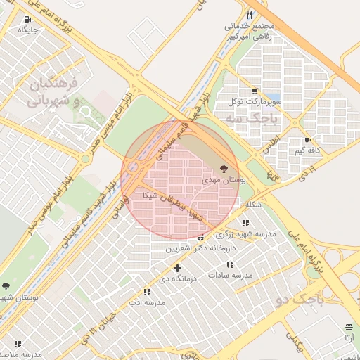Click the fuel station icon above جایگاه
[27, 20]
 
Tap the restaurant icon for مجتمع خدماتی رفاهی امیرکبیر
[250, 15]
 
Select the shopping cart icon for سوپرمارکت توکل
[254, 91]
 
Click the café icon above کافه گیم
[307, 141]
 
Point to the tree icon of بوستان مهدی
[224, 169]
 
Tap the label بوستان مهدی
[224, 181]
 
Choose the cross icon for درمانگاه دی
[177, 268]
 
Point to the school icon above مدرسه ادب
[146, 292]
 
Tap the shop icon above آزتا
[349, 328]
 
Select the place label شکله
[253, 205]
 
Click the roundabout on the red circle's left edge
[132, 167]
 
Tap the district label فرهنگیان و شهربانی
[53, 92]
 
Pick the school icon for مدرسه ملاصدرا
[18, 344]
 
